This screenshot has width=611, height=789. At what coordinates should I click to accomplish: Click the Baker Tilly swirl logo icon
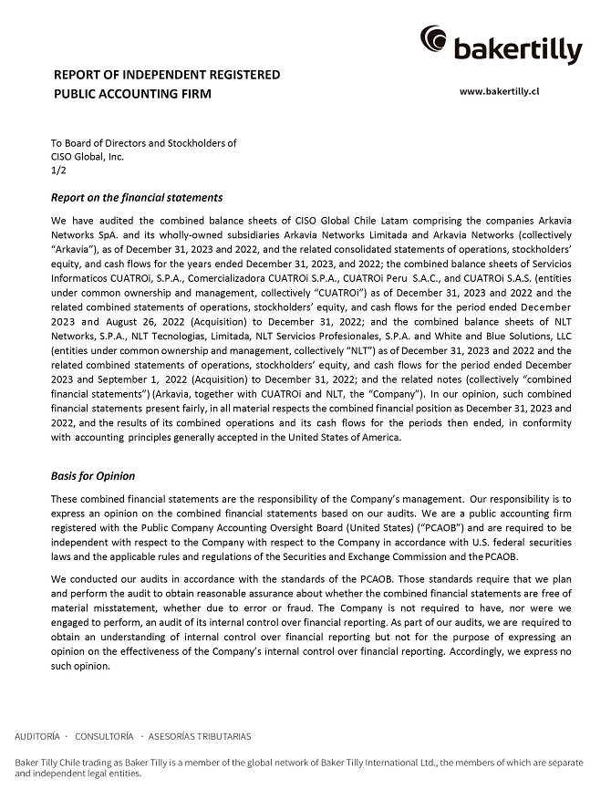(434, 39)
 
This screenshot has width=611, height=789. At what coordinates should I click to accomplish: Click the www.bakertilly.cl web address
(500, 91)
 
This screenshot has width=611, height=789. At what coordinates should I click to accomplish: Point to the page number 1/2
(58, 170)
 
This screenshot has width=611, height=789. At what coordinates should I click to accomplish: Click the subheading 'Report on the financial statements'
(137, 197)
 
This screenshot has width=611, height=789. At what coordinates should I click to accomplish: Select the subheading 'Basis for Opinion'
(93, 475)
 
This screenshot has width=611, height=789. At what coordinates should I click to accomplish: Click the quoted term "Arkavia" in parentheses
(76, 247)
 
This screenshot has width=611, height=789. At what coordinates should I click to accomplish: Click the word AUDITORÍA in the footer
(37, 736)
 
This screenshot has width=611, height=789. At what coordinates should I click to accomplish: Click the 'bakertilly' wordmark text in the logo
(517, 49)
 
